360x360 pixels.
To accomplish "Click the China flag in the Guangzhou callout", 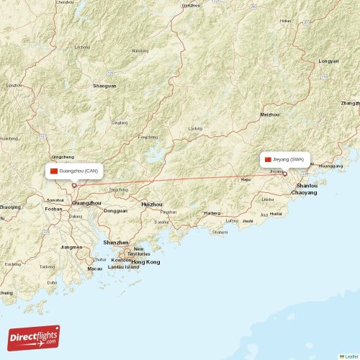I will tap(53, 171).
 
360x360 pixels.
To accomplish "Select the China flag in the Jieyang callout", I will tap(268, 159).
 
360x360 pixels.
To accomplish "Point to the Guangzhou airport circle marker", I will tap(74, 185).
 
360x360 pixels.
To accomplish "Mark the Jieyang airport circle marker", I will tap(284, 174).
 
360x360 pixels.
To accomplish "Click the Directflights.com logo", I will tap(35, 337).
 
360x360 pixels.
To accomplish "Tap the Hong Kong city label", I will tap(145, 262).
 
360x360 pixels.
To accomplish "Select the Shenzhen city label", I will tap(116, 243).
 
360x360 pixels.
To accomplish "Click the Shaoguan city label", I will tap(104, 86).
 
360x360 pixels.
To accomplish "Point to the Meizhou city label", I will tap(270, 114).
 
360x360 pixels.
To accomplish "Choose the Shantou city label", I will tap(307, 186).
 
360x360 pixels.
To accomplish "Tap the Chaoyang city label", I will tap(304, 193).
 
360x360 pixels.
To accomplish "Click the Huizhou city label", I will tap(151, 204).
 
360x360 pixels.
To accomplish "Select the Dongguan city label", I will tap(115, 211).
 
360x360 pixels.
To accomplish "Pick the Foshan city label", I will tap(53, 209).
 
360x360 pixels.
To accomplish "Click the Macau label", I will tap(95, 269).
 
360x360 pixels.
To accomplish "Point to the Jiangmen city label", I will tap(71, 247).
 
